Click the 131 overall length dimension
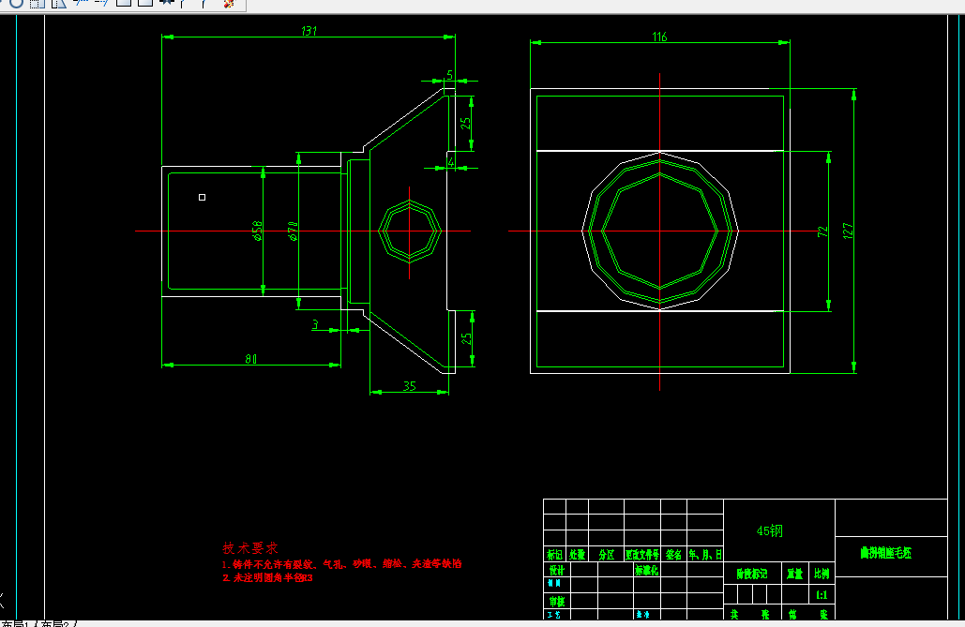click(x=309, y=31)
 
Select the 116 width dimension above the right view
click(x=659, y=37)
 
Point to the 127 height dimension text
click(x=849, y=231)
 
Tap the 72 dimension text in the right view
click(x=823, y=231)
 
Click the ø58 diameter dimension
click(x=257, y=231)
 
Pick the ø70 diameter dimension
click(x=293, y=231)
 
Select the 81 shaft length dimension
click(x=251, y=358)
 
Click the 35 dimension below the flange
click(x=409, y=385)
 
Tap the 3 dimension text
click(x=315, y=324)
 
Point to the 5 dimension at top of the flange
click(x=449, y=74)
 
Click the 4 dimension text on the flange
click(x=450, y=161)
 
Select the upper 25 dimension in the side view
click(x=465, y=122)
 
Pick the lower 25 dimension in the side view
click(x=465, y=339)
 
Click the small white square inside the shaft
click(x=202, y=197)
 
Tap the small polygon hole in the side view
click(x=410, y=231)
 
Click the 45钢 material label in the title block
click(x=770, y=531)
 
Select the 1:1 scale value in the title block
click(x=822, y=594)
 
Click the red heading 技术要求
click(x=250, y=548)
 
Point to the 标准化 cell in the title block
click(x=647, y=570)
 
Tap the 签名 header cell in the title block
click(x=673, y=554)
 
